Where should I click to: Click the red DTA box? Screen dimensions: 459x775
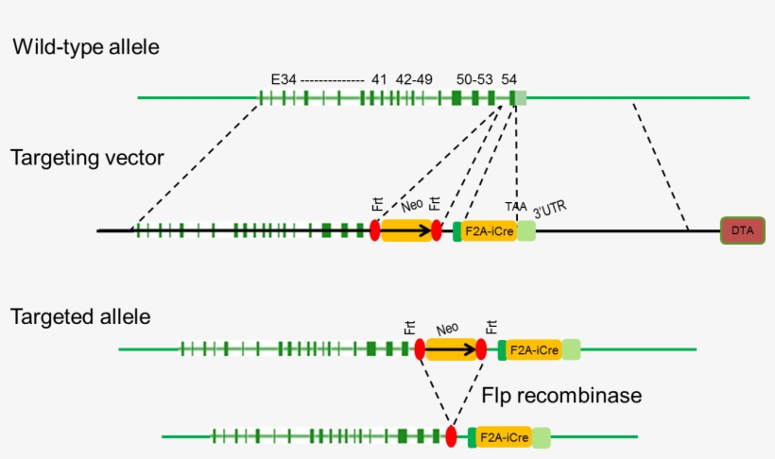click(743, 230)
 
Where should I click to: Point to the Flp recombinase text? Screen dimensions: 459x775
click(561, 395)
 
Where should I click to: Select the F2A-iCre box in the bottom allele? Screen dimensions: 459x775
click(503, 437)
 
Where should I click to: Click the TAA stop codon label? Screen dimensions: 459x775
click(516, 206)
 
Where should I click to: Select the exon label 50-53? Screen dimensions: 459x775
click(474, 80)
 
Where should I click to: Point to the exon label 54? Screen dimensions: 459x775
click(509, 80)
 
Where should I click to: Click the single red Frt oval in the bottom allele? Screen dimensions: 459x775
click(451, 436)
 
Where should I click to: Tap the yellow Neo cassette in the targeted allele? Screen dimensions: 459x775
click(451, 350)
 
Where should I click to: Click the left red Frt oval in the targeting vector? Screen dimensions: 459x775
click(375, 230)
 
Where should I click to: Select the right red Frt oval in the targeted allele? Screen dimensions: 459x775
click(481, 350)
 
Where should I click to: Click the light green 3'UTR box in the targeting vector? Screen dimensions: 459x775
click(525, 230)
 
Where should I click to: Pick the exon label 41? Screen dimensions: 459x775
click(380, 80)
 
